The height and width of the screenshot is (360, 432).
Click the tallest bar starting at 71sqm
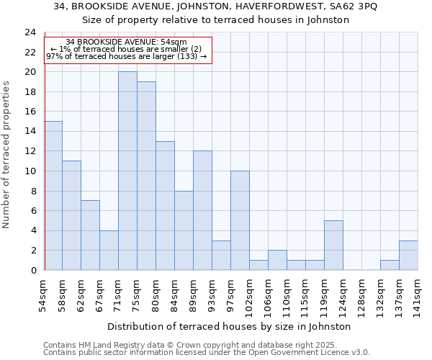[x=127, y=171]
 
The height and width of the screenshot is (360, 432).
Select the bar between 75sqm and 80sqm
[x=146, y=176]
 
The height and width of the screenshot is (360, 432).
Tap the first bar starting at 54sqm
[x=53, y=195]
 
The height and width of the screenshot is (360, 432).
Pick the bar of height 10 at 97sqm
[x=240, y=220]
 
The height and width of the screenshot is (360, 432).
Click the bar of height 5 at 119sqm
[x=333, y=245]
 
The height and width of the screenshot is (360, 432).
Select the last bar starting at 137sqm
[x=408, y=255]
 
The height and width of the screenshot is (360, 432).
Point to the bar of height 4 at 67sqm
[x=109, y=250]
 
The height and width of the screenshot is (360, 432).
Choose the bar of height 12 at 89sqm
[x=202, y=210]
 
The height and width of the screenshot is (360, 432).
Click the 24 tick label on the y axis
[x=30, y=32]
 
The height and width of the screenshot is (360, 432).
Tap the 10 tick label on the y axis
[x=30, y=171]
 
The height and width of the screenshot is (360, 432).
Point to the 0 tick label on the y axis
[x=32, y=270]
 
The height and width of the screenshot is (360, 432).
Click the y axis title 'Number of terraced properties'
[x=7, y=154]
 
